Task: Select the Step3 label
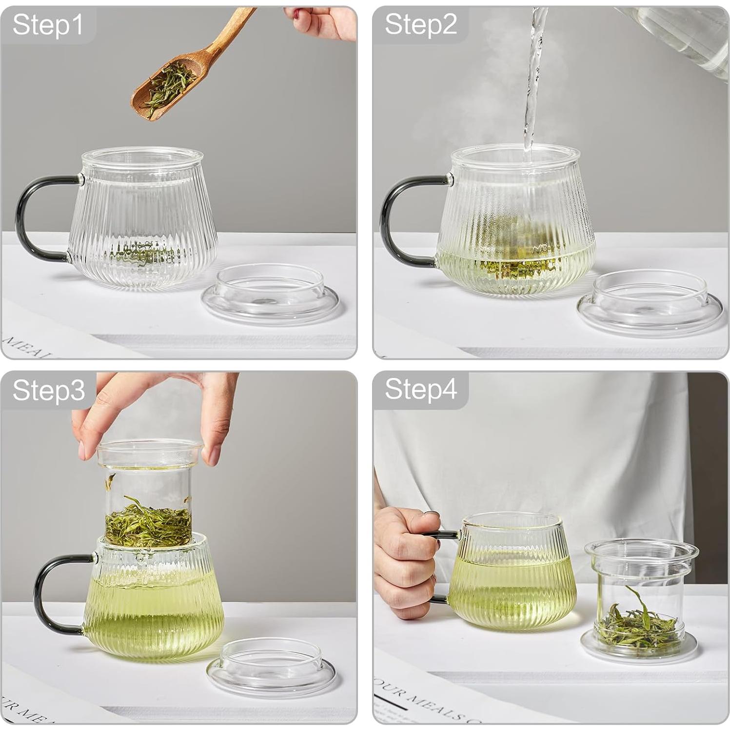pyautogui.click(x=48, y=390)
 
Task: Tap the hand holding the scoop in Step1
pyautogui.click(x=327, y=20)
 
